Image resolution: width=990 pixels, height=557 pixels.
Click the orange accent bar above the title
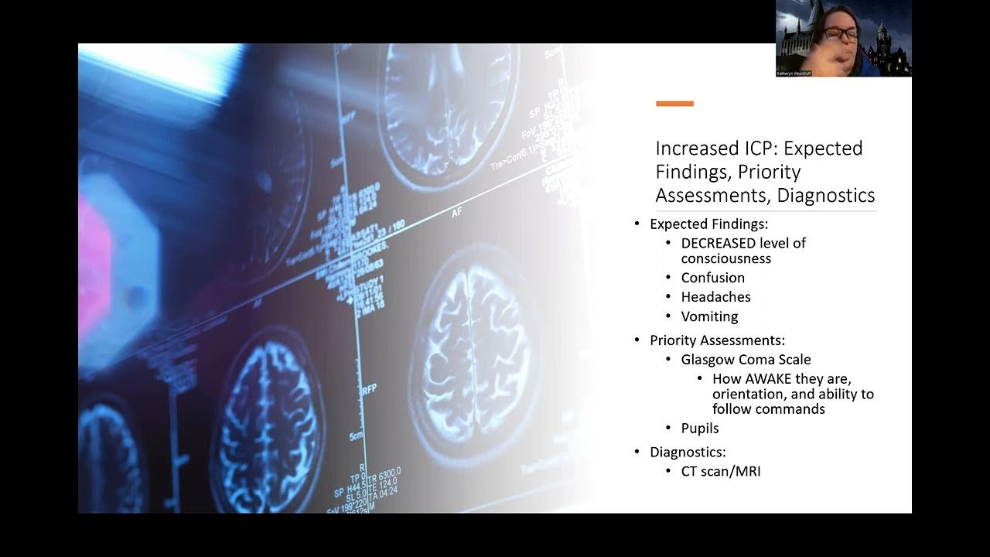pyautogui.click(x=674, y=103)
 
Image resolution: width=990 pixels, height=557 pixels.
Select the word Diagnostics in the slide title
pyautogui.click(x=825, y=195)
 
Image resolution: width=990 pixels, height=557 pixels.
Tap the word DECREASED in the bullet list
pyautogui.click(x=718, y=243)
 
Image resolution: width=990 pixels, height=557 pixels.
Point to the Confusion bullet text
pyautogui.click(x=712, y=278)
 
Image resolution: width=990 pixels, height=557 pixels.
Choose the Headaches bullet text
pyautogui.click(x=715, y=297)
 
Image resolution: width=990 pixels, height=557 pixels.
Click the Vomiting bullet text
pyautogui.click(x=709, y=316)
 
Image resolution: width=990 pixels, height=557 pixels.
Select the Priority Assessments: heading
pyautogui.click(x=717, y=340)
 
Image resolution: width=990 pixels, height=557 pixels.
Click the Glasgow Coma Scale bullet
pyautogui.click(x=746, y=359)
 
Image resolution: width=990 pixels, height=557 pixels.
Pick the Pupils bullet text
pyautogui.click(x=700, y=429)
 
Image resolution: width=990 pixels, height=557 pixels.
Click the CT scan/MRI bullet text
pyautogui.click(x=720, y=470)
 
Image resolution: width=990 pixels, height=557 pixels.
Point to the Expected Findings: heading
pyautogui.click(x=708, y=224)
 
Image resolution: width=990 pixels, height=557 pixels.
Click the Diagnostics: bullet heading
pyautogui.click(x=688, y=452)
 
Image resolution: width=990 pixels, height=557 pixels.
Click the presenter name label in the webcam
pyautogui.click(x=794, y=73)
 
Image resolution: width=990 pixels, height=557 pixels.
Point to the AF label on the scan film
pyautogui.click(x=457, y=211)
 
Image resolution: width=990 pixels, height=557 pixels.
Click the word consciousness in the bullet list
pyautogui.click(x=725, y=258)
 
